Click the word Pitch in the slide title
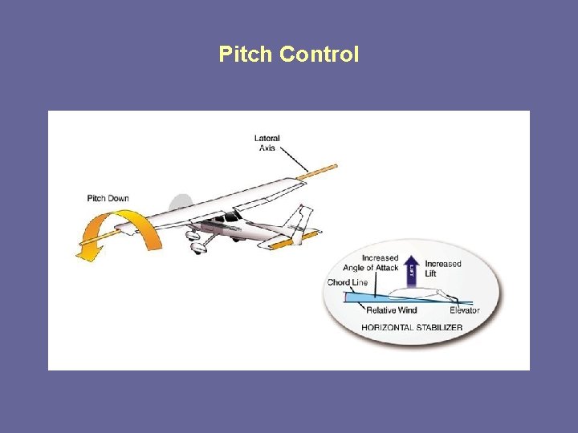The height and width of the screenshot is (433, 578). tap(246, 55)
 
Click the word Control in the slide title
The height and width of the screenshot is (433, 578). tap(319, 55)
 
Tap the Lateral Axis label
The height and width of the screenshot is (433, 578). tap(267, 143)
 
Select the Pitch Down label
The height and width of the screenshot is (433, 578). tap(108, 198)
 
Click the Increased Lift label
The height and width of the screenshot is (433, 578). tap(443, 269)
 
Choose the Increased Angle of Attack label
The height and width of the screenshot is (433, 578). tap(370, 263)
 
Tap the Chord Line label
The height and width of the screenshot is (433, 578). tap(348, 282)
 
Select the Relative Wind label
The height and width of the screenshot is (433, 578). tap(392, 310)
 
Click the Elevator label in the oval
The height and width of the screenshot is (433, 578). tap(465, 310)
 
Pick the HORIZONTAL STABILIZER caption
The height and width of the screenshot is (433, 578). tap(412, 327)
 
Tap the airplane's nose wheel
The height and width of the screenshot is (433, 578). tap(198, 249)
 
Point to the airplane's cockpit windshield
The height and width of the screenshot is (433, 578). tap(232, 216)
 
